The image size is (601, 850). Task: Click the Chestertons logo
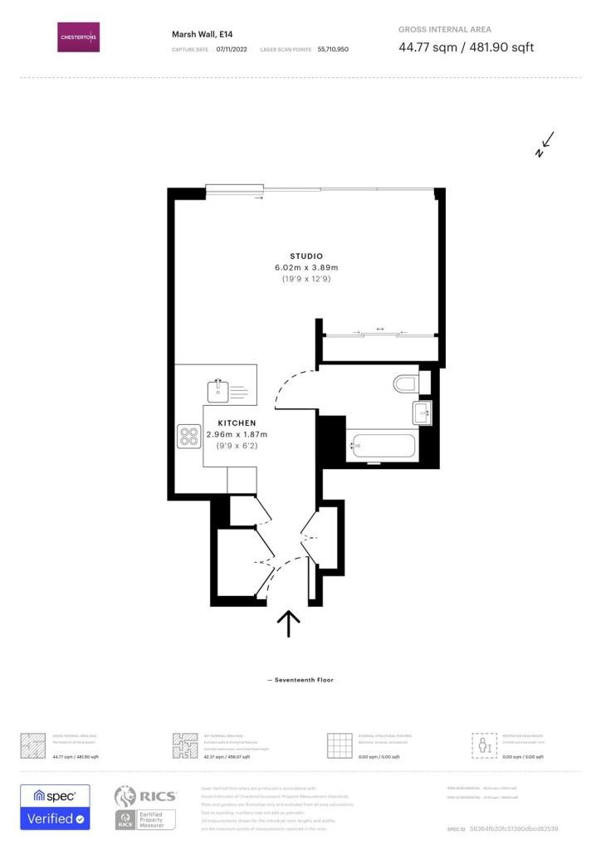tap(78, 37)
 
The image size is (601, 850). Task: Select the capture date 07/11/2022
tap(232, 50)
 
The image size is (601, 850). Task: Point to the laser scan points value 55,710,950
tap(333, 50)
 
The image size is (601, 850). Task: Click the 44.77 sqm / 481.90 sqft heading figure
tap(466, 47)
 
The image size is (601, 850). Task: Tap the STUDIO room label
tap(306, 256)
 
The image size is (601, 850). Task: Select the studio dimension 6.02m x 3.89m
tap(306, 267)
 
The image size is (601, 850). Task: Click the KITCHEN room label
tap(237, 423)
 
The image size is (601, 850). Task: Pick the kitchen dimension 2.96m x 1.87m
tap(237, 434)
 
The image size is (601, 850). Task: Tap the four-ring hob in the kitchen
tap(188, 437)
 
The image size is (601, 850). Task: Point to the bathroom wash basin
tap(423, 411)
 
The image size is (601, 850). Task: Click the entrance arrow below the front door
tap(288, 623)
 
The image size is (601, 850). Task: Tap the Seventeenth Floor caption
tap(300, 680)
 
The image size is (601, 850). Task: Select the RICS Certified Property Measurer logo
tap(145, 808)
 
